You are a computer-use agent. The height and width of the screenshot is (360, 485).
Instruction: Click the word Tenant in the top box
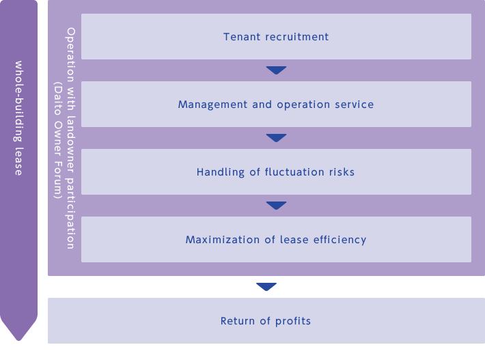click(242, 37)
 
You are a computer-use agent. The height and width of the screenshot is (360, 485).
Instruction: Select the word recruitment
click(297, 37)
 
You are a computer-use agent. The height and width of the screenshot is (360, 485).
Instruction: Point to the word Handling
click(221, 172)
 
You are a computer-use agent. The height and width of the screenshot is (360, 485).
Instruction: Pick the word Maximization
click(223, 240)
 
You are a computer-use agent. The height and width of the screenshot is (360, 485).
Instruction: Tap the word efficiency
click(339, 240)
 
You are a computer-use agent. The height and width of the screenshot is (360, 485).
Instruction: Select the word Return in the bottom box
click(238, 321)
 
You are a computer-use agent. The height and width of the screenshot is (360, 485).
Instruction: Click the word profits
click(293, 321)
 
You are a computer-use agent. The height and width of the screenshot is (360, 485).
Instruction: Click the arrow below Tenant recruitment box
click(276, 70)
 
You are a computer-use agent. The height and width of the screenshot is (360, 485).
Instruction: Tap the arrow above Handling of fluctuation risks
click(276, 138)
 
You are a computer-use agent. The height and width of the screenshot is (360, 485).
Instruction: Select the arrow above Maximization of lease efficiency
click(276, 206)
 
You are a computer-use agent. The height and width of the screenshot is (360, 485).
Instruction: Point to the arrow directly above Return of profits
click(266, 287)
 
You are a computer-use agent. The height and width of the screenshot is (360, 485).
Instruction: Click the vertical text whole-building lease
click(18, 118)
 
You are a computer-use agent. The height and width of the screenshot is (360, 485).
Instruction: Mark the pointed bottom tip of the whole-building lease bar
click(19, 340)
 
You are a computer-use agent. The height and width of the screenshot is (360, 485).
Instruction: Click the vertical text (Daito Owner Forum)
click(58, 141)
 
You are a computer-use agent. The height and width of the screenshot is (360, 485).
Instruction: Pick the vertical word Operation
click(71, 55)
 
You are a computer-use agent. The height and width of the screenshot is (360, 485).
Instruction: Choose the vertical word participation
click(71, 213)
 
